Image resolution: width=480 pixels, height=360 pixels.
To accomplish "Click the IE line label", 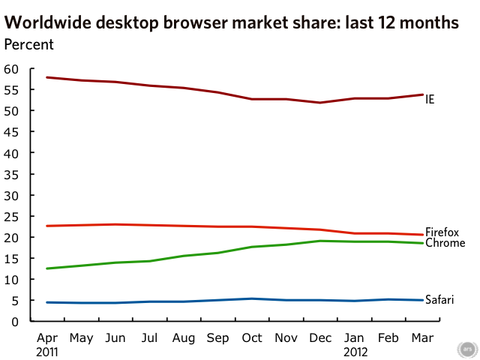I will pos(430,99).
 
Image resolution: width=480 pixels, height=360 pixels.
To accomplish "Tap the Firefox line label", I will pos(442,232).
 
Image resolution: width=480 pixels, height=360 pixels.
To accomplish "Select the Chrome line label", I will pos(445,243).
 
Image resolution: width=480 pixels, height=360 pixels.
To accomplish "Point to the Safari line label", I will pos(439,300).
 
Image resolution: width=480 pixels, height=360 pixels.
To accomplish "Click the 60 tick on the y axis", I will pos(11,69).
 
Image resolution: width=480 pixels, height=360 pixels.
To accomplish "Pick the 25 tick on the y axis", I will pos(11,216).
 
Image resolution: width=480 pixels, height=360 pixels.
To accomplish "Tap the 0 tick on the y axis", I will pos(14,322).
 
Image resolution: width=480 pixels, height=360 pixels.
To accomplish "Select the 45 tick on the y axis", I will pos(11,132).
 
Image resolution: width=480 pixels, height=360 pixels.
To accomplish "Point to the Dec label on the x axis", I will pos(320,338).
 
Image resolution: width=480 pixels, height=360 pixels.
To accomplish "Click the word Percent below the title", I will pos(29,43).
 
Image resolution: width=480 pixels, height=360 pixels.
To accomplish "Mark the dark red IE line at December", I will pos(320,103).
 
